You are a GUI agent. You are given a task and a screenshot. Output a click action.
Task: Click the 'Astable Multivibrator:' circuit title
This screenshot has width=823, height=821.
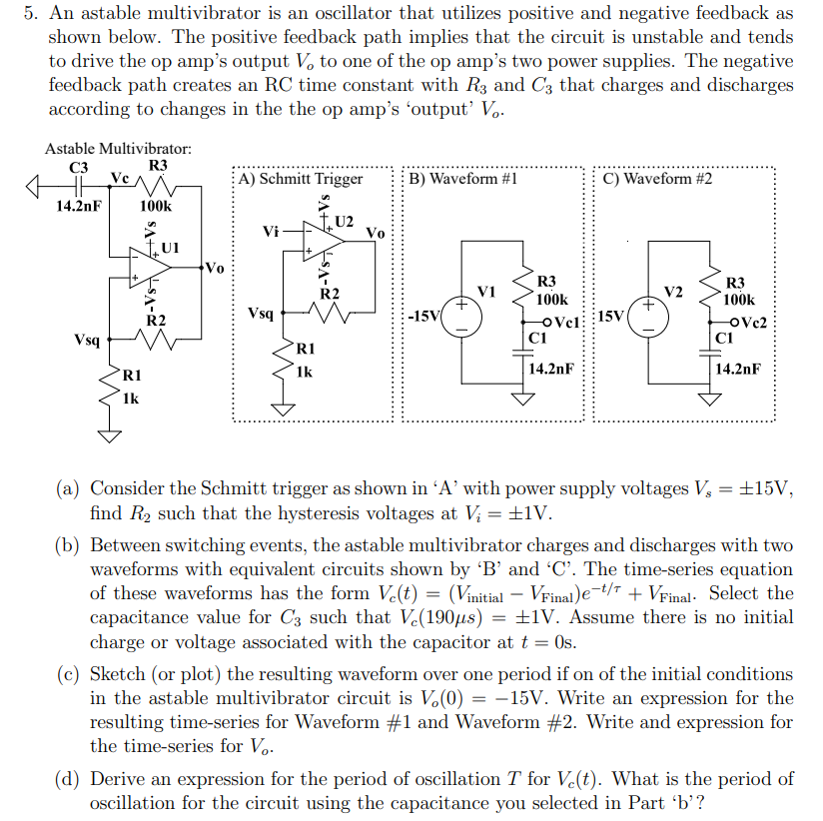pyautogui.click(x=118, y=149)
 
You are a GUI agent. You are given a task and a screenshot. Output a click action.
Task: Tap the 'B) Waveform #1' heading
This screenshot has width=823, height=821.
pyautogui.click(x=464, y=179)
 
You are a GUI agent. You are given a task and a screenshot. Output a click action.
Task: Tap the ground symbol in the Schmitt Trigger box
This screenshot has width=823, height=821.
pyautogui.click(x=287, y=409)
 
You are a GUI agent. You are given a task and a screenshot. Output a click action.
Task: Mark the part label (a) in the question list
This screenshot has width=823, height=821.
pyautogui.click(x=68, y=489)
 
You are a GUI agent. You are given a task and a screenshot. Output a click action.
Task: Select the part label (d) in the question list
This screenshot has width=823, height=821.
pyautogui.click(x=68, y=779)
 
